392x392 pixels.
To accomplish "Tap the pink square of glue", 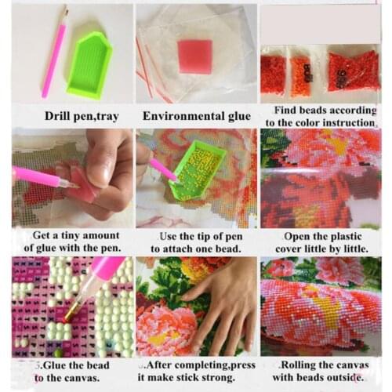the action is point(195,56).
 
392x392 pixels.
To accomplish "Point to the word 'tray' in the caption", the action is point(108,117).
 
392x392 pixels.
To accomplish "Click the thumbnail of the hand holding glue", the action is point(72,178).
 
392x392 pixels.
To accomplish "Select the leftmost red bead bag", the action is point(273,74).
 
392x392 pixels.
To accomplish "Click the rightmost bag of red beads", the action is point(354,71).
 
